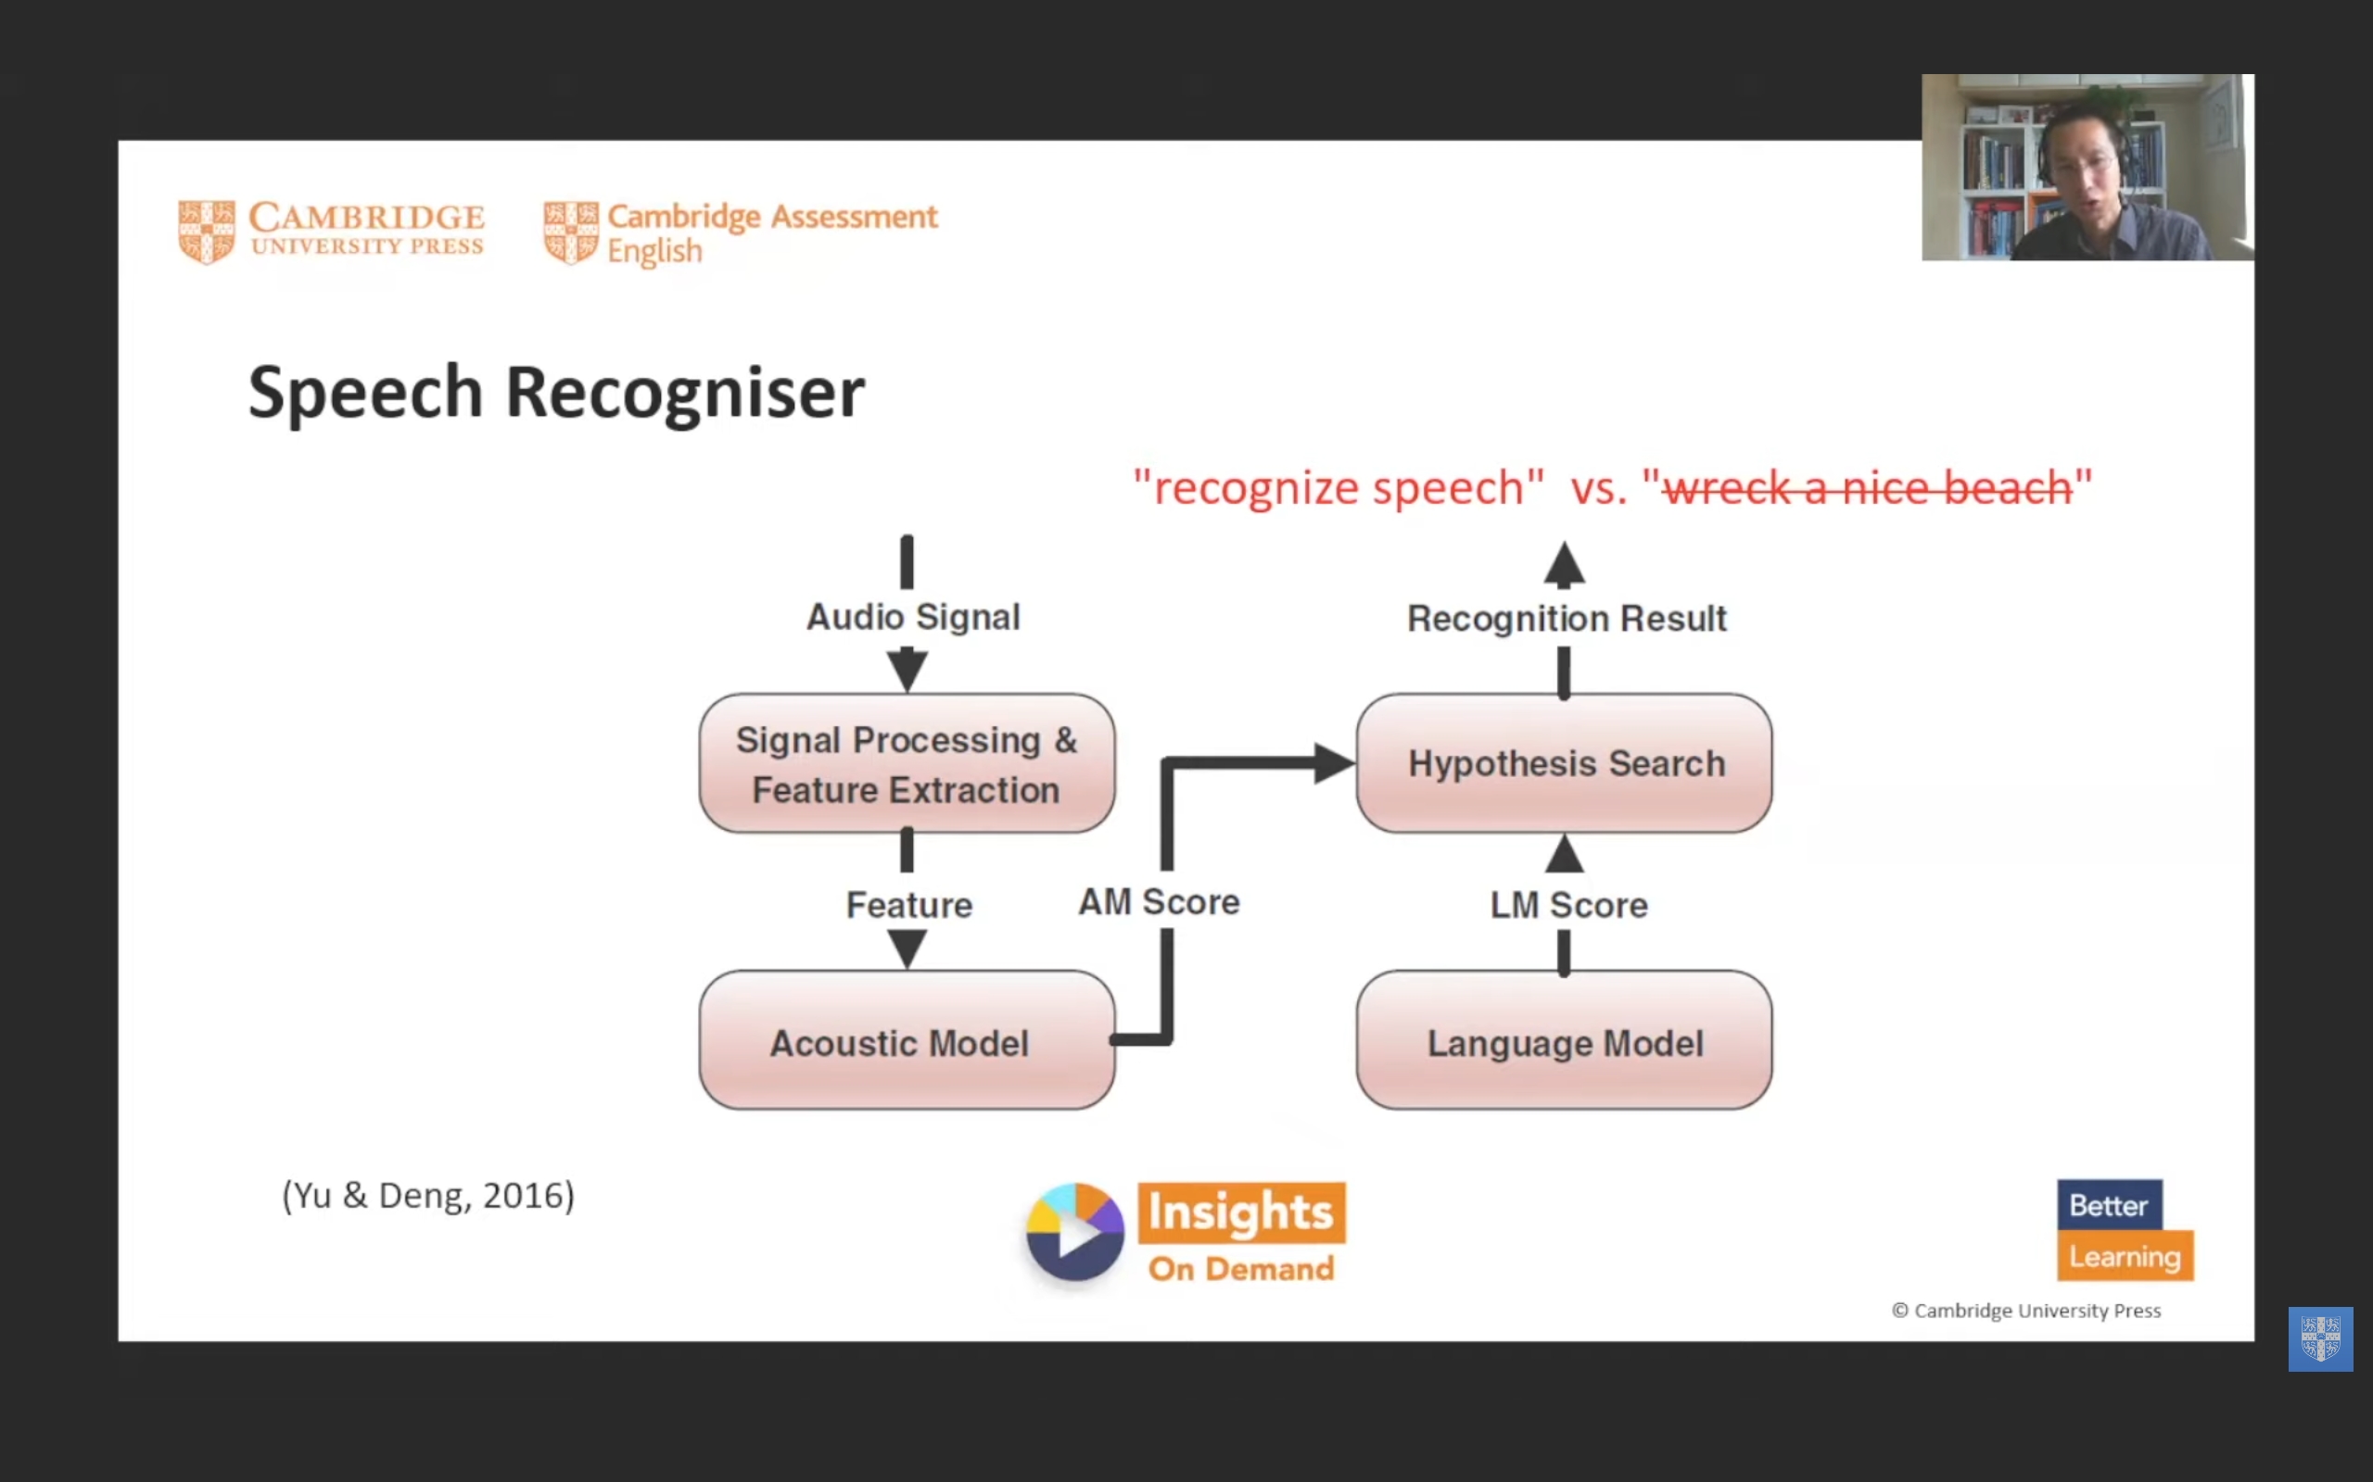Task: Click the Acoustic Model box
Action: pos(906,1040)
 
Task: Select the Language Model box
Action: pos(1564,1040)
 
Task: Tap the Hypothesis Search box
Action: pos(1564,763)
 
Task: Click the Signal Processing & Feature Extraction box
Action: pos(906,763)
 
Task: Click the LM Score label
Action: pos(1568,905)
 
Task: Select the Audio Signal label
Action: pos(913,618)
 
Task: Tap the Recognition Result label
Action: pos(1566,619)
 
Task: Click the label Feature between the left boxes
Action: pos(909,905)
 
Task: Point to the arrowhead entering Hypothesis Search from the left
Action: pos(1334,762)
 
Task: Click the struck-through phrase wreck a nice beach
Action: pos(1868,488)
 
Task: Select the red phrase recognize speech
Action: pos(1339,488)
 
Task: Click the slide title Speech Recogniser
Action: pos(556,392)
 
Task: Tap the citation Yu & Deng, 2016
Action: pos(428,1195)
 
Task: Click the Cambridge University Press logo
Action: pos(332,232)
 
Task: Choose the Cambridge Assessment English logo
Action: pos(741,233)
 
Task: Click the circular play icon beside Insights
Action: pos(1074,1232)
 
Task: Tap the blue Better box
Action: pos(2108,1205)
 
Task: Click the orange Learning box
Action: pos(2125,1256)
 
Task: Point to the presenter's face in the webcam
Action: pos(2083,176)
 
